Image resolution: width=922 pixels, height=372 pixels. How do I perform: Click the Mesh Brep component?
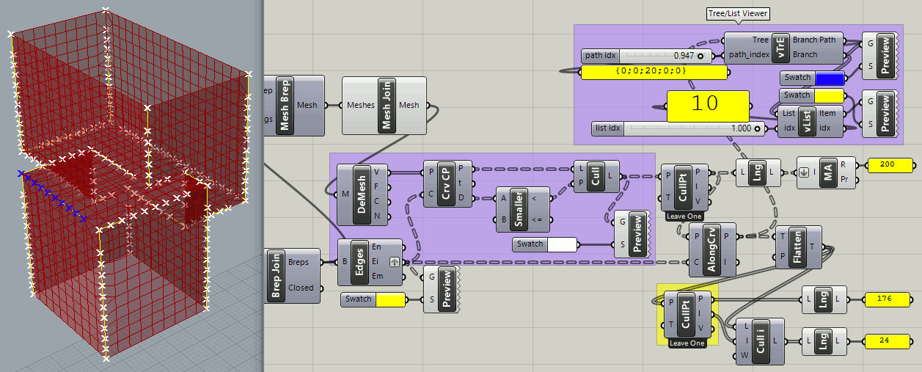coord(285,106)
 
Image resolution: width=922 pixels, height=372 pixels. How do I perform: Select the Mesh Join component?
coord(386,106)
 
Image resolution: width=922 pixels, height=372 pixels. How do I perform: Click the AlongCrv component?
coord(712,249)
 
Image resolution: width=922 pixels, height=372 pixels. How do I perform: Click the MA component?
coord(827,173)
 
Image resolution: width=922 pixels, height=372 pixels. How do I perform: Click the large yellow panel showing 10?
coord(708,105)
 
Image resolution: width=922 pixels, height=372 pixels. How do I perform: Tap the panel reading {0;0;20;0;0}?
coord(654,71)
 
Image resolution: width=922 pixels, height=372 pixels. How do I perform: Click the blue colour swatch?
coord(830,78)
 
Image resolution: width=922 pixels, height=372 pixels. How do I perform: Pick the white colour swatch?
coord(562,244)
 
